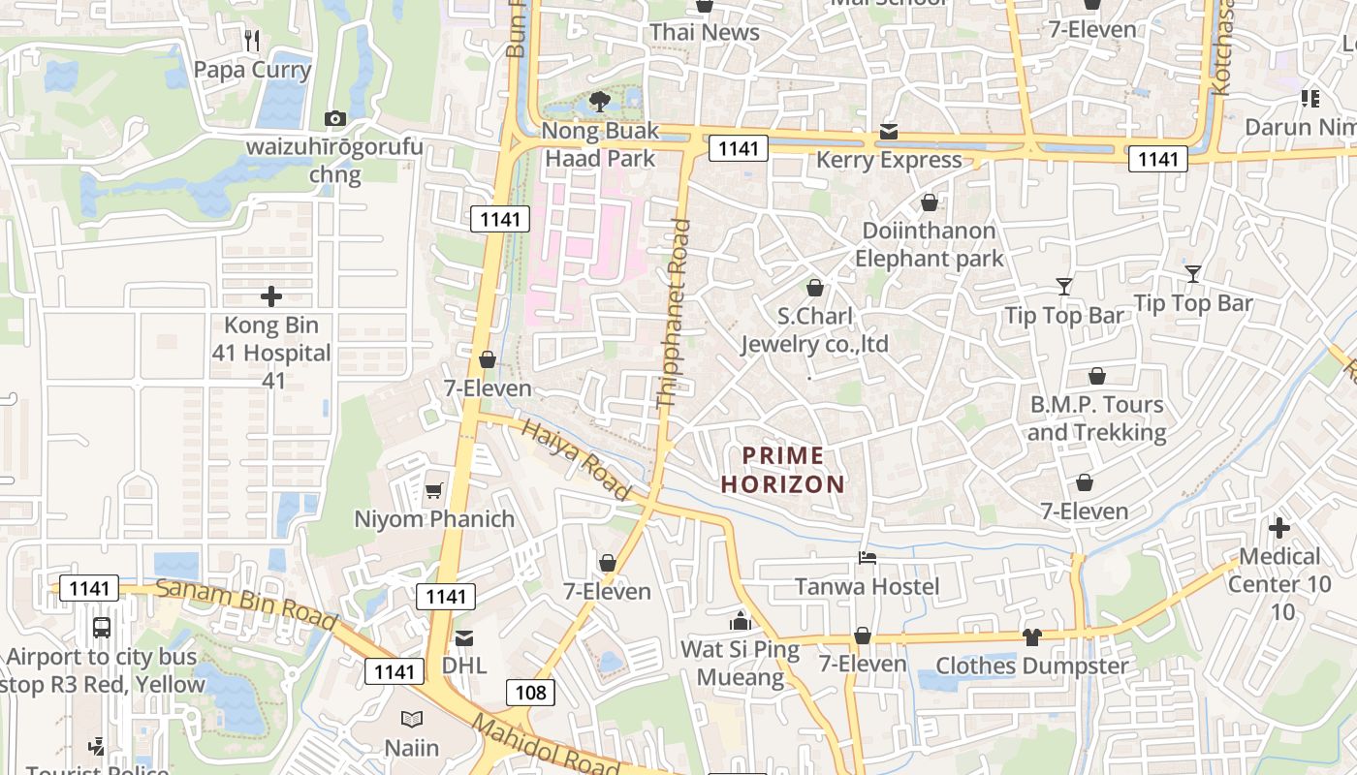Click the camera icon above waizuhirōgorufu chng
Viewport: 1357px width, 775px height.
[x=335, y=119]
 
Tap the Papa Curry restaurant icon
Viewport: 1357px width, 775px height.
[x=252, y=41]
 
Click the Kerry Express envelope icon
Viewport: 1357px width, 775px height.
[x=889, y=132]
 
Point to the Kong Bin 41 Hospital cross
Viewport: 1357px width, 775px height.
[x=271, y=296]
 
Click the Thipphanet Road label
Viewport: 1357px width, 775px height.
[x=674, y=313]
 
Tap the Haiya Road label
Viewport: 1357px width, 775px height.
[x=577, y=460]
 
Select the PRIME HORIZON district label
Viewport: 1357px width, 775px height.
[x=783, y=470]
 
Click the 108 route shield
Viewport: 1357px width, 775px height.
[x=530, y=692]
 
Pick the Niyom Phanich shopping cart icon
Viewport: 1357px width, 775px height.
[x=433, y=490]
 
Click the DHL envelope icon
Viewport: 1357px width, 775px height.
[x=464, y=637]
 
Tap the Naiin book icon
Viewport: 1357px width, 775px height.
[x=412, y=720]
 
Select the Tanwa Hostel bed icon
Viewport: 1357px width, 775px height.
[x=868, y=558]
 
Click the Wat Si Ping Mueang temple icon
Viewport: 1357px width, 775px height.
[x=741, y=621]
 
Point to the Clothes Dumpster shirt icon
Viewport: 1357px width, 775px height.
[x=1031, y=637]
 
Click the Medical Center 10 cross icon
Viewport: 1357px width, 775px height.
[x=1279, y=528]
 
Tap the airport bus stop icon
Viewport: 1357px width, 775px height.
[x=102, y=628]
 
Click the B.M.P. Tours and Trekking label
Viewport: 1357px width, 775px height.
[x=1096, y=418]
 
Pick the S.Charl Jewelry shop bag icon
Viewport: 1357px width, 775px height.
[x=814, y=288]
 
